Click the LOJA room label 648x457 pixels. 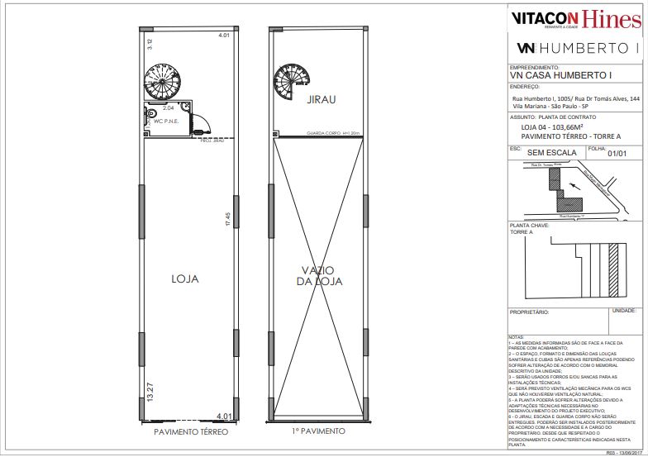[x=185, y=278]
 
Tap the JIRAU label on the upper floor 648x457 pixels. [x=320, y=99]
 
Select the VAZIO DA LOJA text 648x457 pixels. [x=318, y=276]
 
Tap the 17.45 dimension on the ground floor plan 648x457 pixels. [x=226, y=218]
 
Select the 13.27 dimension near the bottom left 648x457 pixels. [x=150, y=390]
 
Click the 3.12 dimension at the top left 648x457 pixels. [x=150, y=41]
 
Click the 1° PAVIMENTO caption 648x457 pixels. [x=317, y=431]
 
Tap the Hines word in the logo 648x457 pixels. [x=610, y=18]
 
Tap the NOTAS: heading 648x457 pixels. [x=516, y=337]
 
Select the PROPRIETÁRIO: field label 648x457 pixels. [x=530, y=313]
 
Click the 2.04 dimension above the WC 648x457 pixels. [x=168, y=108]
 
